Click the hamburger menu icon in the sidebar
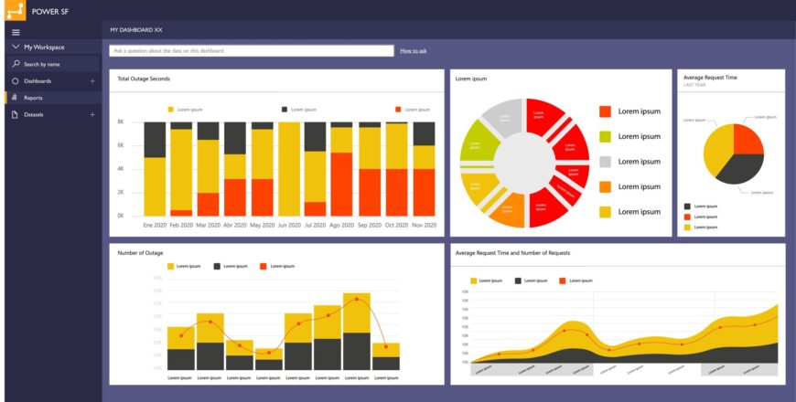pos(16,31)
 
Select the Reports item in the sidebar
pos(33,98)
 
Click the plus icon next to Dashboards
pos(92,81)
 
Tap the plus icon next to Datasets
pos(92,115)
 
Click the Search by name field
pos(51,64)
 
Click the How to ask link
pos(414,51)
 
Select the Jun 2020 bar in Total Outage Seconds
pos(289,169)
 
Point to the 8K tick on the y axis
pos(121,122)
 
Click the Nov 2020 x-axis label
pos(424,225)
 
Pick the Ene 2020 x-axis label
pos(155,225)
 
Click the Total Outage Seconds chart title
pos(144,79)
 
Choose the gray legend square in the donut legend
pos(605,162)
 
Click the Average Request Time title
pos(710,78)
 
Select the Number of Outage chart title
pos(140,252)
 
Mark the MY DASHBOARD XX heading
pos(136,30)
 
